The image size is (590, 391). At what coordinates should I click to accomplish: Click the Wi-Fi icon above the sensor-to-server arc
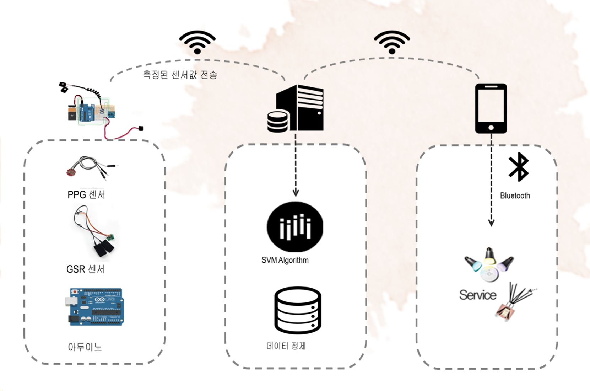(x=197, y=42)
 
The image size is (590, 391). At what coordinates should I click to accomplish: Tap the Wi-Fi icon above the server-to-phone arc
(x=392, y=42)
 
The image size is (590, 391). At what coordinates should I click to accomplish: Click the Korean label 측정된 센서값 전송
(x=180, y=75)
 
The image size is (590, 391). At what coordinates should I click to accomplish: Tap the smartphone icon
(x=491, y=108)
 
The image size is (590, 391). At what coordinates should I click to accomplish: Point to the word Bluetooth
(x=515, y=195)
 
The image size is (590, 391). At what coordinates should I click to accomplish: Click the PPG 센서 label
(x=86, y=195)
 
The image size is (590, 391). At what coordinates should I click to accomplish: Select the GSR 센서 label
(x=85, y=269)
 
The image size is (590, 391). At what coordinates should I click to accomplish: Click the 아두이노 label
(x=85, y=347)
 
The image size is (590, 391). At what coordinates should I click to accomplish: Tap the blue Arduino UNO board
(x=95, y=307)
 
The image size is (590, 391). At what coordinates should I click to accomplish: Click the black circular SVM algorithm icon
(x=295, y=227)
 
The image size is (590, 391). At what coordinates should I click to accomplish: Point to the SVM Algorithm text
(x=285, y=260)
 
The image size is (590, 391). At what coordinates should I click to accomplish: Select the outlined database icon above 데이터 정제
(x=298, y=310)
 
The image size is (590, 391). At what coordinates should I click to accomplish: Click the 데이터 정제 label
(x=286, y=346)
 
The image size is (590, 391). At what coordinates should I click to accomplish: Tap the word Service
(x=477, y=295)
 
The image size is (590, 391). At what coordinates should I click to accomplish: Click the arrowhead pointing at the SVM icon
(x=296, y=193)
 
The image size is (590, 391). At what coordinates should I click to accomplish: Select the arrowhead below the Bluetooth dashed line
(x=491, y=223)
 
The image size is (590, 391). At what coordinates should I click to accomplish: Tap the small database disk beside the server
(x=277, y=122)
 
